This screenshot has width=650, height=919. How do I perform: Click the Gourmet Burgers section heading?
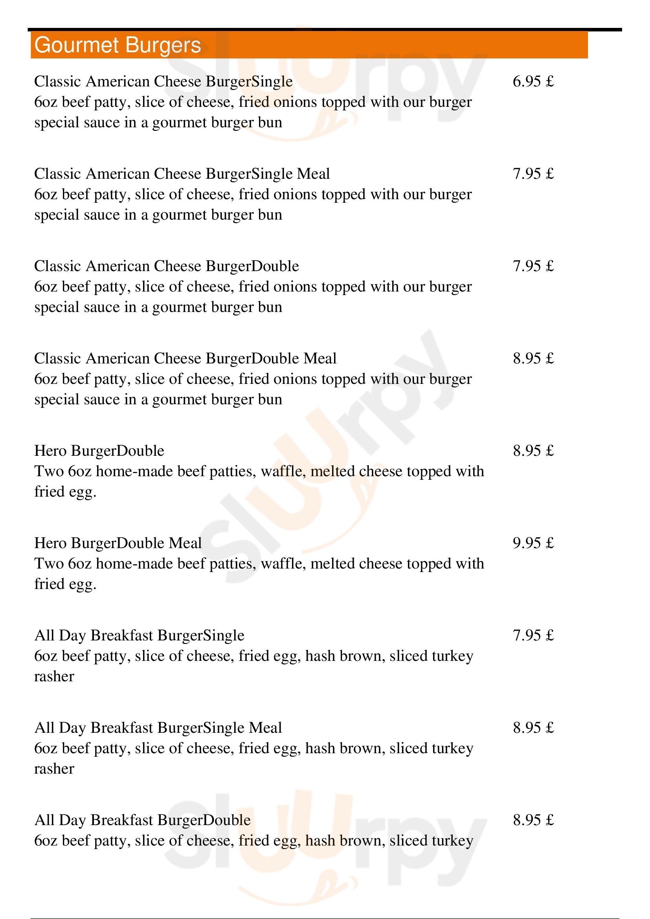[x=118, y=45]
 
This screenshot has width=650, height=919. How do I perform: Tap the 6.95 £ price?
[x=533, y=82]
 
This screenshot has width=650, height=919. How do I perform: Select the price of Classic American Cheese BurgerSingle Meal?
[x=533, y=174]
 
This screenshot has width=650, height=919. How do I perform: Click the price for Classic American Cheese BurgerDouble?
[x=533, y=266]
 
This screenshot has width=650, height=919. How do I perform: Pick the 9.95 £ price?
[x=533, y=543]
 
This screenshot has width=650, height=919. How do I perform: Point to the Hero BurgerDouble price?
[x=533, y=451]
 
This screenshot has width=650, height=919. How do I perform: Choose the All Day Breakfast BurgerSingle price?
[x=533, y=636]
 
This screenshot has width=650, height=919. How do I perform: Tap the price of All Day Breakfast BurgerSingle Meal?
[x=533, y=728]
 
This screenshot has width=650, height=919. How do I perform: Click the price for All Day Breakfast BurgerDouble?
[x=533, y=820]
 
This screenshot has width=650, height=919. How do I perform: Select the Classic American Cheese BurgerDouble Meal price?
[x=533, y=359]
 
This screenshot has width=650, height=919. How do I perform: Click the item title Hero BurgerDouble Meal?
[x=118, y=543]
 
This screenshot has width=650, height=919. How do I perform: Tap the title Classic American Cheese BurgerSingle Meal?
[x=182, y=174]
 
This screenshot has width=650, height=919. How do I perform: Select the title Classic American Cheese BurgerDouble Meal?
[x=185, y=359]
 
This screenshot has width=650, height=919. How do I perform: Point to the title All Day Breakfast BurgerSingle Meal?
[x=158, y=728]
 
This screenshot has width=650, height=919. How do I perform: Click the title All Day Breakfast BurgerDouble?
[x=143, y=820]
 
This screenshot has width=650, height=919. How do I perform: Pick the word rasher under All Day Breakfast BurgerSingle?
[x=54, y=677]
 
